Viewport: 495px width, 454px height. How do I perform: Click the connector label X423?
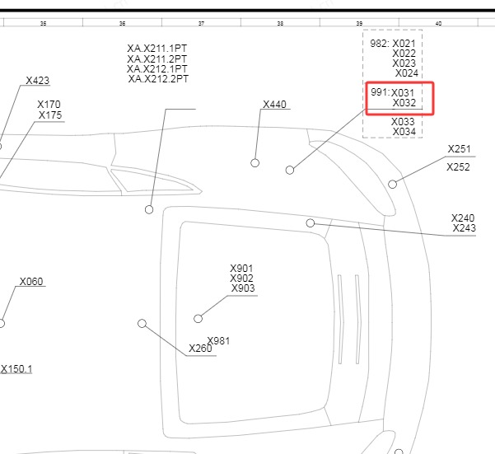click(38, 81)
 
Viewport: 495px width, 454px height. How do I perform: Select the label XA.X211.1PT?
click(156, 49)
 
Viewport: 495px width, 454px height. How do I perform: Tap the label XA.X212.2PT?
click(158, 78)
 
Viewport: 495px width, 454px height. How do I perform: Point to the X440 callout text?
click(274, 105)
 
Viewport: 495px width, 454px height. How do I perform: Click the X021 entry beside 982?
click(404, 44)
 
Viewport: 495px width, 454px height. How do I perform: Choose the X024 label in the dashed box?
click(407, 73)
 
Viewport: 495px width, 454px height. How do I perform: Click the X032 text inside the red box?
click(404, 103)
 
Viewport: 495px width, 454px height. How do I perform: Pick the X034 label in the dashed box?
click(404, 132)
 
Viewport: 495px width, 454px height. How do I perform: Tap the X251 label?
click(460, 149)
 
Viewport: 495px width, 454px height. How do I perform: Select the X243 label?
click(464, 228)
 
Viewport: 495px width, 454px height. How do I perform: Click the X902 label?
click(241, 278)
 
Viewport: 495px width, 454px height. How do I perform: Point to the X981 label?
click(218, 341)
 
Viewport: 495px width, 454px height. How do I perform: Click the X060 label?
click(31, 282)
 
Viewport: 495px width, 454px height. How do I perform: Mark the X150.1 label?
click(16, 369)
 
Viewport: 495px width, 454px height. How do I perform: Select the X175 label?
click(50, 115)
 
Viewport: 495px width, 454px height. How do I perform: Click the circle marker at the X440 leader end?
click(255, 163)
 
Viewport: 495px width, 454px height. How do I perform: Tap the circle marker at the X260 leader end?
click(142, 323)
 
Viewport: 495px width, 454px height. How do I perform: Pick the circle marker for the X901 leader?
click(198, 319)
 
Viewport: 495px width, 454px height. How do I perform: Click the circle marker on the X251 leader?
click(392, 184)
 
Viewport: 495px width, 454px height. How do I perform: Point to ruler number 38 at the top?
click(280, 23)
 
